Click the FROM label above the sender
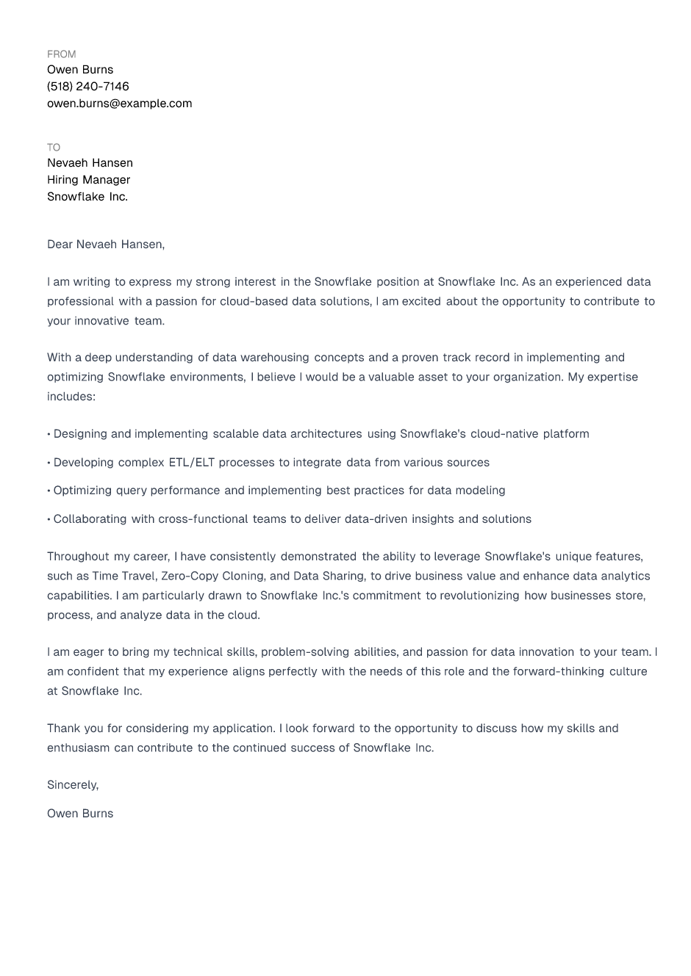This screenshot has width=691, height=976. click(x=61, y=54)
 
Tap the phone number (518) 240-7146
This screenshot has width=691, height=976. click(x=87, y=87)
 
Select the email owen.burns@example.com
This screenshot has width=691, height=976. click(x=119, y=104)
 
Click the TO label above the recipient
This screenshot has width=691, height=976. click(x=54, y=148)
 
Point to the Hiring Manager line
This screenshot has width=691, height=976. click(x=88, y=180)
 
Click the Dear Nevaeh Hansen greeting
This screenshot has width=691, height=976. click(x=105, y=245)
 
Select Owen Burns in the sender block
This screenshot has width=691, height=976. click(x=80, y=70)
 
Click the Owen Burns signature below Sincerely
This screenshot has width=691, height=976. click(x=80, y=814)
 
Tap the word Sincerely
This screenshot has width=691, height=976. click(x=72, y=785)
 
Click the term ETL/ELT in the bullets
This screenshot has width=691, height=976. click(x=191, y=463)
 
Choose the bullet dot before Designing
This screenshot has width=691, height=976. click(x=49, y=434)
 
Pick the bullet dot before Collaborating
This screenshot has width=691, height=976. click(x=49, y=519)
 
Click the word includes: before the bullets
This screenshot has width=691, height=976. click(x=71, y=397)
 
